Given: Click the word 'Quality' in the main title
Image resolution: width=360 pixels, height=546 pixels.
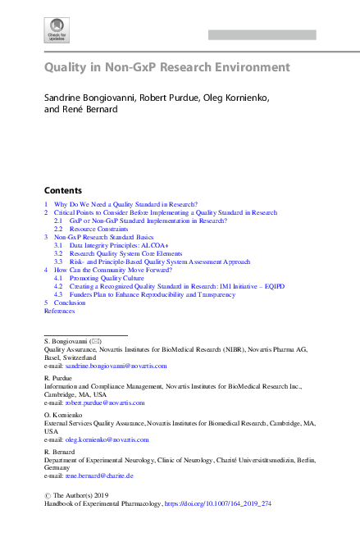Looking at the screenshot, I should click(70, 67).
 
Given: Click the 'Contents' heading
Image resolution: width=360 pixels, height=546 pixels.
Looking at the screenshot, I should click(62, 189).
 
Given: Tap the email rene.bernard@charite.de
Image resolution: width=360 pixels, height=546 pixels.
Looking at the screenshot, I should click(99, 475).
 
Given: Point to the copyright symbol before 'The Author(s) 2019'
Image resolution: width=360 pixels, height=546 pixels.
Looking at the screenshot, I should click(48, 495).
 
